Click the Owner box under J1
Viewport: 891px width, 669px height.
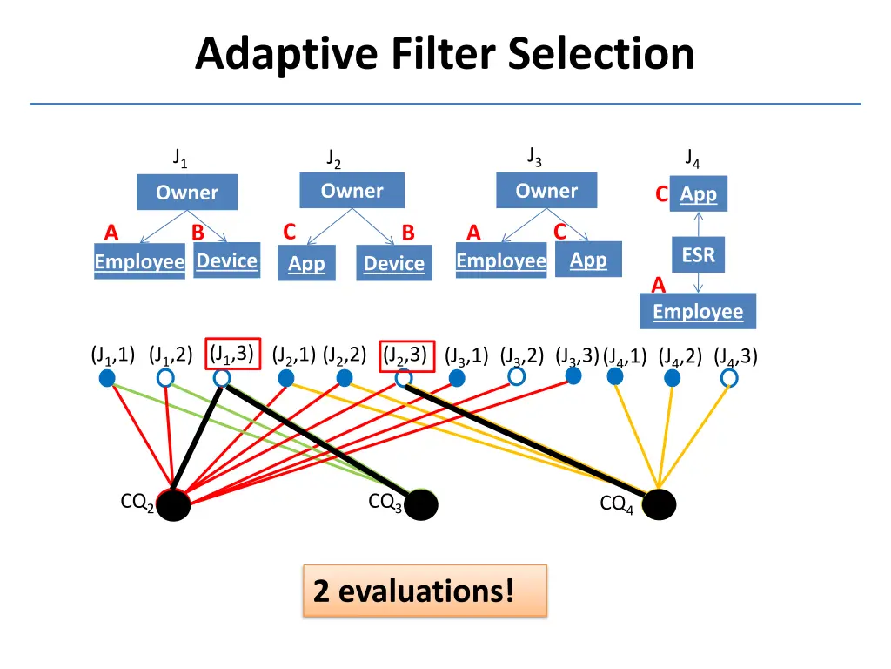[186, 193]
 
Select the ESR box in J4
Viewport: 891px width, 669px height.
[698, 256]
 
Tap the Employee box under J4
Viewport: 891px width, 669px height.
[698, 312]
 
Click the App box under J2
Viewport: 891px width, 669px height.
[306, 263]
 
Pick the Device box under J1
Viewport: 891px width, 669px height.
[227, 260]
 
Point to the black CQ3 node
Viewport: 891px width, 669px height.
[422, 504]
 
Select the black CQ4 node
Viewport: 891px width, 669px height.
[659, 503]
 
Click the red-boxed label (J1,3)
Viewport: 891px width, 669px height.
[231, 353]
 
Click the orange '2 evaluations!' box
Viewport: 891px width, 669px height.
[425, 591]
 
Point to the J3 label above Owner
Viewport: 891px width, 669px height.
[534, 158]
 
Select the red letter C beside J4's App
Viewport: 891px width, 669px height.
[662, 195]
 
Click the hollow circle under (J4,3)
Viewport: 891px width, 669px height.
[729, 378]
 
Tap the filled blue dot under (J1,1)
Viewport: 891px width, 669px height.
[107, 378]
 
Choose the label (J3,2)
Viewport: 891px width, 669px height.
[522, 355]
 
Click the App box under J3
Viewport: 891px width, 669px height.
[588, 260]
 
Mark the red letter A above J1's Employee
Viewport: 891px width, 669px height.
[111, 233]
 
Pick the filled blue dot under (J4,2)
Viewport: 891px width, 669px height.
[673, 378]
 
